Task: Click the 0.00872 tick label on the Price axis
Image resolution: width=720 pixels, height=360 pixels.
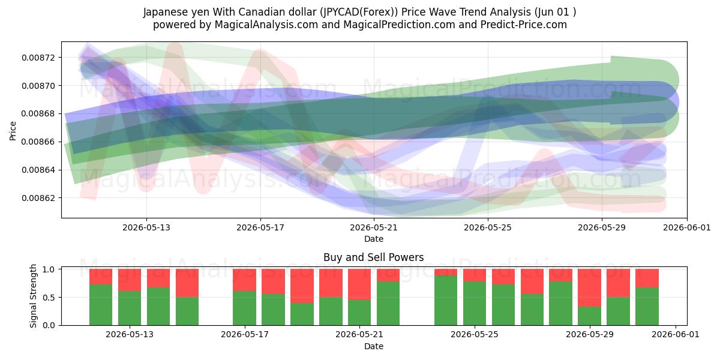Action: [38, 58]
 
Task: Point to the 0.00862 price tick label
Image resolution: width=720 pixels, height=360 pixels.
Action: [38, 198]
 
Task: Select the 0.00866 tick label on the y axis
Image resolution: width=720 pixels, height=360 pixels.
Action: [38, 142]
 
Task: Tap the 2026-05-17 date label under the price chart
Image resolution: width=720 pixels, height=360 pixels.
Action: [260, 227]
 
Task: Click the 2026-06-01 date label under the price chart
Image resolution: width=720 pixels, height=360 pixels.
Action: [687, 227]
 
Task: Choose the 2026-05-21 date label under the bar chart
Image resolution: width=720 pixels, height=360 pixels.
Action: [359, 335]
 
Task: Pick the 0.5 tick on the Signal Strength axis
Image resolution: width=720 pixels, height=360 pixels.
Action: [49, 298]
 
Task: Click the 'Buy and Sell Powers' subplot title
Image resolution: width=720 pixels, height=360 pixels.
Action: [373, 257]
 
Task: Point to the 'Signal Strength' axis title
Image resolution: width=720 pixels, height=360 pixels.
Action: [33, 296]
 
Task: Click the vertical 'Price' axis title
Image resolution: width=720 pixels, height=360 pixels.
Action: [13, 131]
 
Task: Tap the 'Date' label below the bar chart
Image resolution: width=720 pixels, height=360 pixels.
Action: [373, 346]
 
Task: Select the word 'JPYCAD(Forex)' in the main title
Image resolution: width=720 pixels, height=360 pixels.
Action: [359, 12]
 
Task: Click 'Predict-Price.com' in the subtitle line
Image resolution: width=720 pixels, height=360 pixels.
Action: [524, 25]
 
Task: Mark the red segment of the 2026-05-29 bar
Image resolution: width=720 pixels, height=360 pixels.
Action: [589, 287]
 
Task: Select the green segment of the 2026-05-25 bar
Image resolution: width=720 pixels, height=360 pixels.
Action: [475, 304]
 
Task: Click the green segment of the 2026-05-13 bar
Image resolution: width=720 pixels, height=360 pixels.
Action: [130, 308]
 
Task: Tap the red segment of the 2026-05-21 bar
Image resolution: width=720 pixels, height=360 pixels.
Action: [359, 284]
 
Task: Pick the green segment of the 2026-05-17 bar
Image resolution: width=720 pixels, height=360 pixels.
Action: [245, 308]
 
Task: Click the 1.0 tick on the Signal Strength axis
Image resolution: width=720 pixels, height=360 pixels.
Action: [49, 269]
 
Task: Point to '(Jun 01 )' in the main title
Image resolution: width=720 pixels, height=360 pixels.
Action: [555, 12]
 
